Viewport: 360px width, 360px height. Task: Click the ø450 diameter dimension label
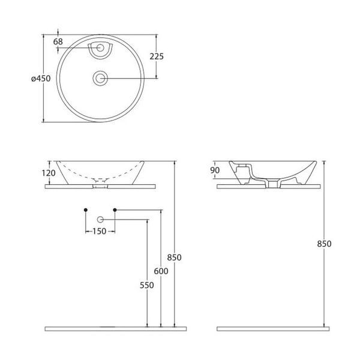(41, 79)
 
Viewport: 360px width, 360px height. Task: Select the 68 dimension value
(58, 42)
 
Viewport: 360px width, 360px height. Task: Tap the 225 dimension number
(157, 56)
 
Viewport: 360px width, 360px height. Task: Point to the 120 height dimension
(49, 173)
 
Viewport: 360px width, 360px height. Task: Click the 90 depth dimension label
(215, 170)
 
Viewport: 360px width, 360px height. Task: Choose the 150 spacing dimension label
(100, 231)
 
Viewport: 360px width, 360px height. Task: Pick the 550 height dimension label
(147, 285)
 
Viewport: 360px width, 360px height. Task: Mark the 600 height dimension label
(161, 271)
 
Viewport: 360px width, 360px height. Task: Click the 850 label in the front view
(174, 257)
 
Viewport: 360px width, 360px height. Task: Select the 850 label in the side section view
(324, 244)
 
